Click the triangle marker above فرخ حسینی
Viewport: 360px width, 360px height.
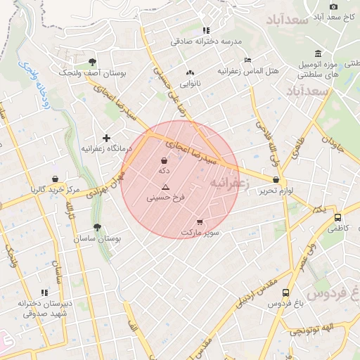pyautogui.click(x=165, y=187)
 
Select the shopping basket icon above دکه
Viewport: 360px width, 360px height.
pyautogui.click(x=164, y=161)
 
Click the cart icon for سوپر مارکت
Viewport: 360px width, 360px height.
pyautogui.click(x=200, y=221)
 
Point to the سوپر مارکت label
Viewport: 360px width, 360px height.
pyautogui.click(x=200, y=232)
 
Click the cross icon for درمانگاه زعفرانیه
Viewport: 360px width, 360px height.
pyautogui.click(x=106, y=138)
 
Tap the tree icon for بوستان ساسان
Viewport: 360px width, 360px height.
pyautogui.click(x=97, y=227)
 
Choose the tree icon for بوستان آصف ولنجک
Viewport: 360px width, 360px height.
pyautogui.click(x=92, y=62)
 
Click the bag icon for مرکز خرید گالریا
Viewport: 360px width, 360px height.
pyautogui.click(x=55, y=179)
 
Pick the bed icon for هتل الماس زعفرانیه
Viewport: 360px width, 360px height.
pyautogui.click(x=247, y=60)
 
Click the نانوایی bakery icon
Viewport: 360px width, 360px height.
pyautogui.click(x=190, y=73)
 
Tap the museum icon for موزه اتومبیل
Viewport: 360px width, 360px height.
pyautogui.click(x=319, y=54)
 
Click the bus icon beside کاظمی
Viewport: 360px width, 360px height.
pyautogui.click(x=338, y=218)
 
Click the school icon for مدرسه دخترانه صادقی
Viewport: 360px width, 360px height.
pyautogui.click(x=206, y=30)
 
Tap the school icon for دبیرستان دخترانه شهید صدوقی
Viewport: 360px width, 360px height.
pyautogui.click(x=44, y=292)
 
